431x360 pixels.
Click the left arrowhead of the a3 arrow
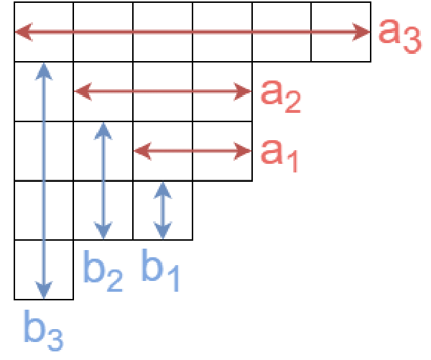[x=21, y=32]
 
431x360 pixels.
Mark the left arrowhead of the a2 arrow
[x=80, y=91]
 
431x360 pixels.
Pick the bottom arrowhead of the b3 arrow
[x=45, y=292]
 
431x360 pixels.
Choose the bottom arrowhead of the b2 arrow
[x=104, y=233]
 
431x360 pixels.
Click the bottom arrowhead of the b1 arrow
[x=163, y=233]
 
